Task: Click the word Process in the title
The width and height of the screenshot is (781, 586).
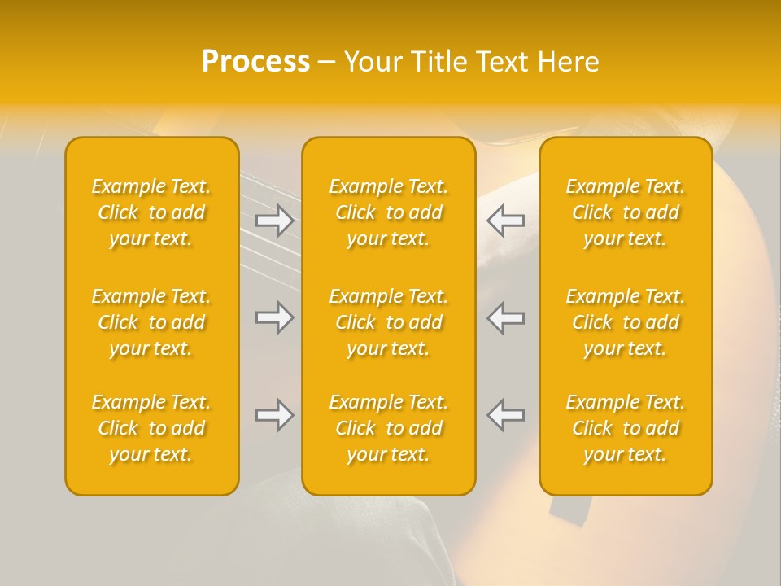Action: pyautogui.click(x=255, y=61)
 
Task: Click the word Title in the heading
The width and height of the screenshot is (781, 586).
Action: pyautogui.click(x=439, y=61)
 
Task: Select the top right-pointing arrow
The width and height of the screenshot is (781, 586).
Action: pyautogui.click(x=274, y=220)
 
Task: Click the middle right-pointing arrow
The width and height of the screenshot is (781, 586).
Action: pyautogui.click(x=274, y=317)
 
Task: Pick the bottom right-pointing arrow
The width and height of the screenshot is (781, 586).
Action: pyautogui.click(x=274, y=415)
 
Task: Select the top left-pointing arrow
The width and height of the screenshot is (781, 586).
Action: pyautogui.click(x=506, y=220)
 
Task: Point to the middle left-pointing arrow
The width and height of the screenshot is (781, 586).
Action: pyautogui.click(x=506, y=317)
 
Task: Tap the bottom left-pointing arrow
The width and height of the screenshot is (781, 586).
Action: pyautogui.click(x=506, y=415)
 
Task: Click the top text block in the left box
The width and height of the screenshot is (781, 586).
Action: pyautogui.click(x=151, y=212)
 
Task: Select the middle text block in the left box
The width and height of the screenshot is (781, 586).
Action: pyautogui.click(x=151, y=322)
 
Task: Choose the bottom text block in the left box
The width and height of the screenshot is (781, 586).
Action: pyautogui.click(x=151, y=428)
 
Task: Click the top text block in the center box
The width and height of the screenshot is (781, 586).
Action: pyautogui.click(x=389, y=212)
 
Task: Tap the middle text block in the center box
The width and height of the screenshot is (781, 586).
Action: pyautogui.click(x=389, y=322)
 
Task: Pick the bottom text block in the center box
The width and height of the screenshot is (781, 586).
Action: pyautogui.click(x=389, y=428)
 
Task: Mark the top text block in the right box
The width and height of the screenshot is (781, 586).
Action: pyautogui.click(x=626, y=212)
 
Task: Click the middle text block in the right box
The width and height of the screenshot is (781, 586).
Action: pyautogui.click(x=626, y=322)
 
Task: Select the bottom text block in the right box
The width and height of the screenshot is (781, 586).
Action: pyautogui.click(x=626, y=428)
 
